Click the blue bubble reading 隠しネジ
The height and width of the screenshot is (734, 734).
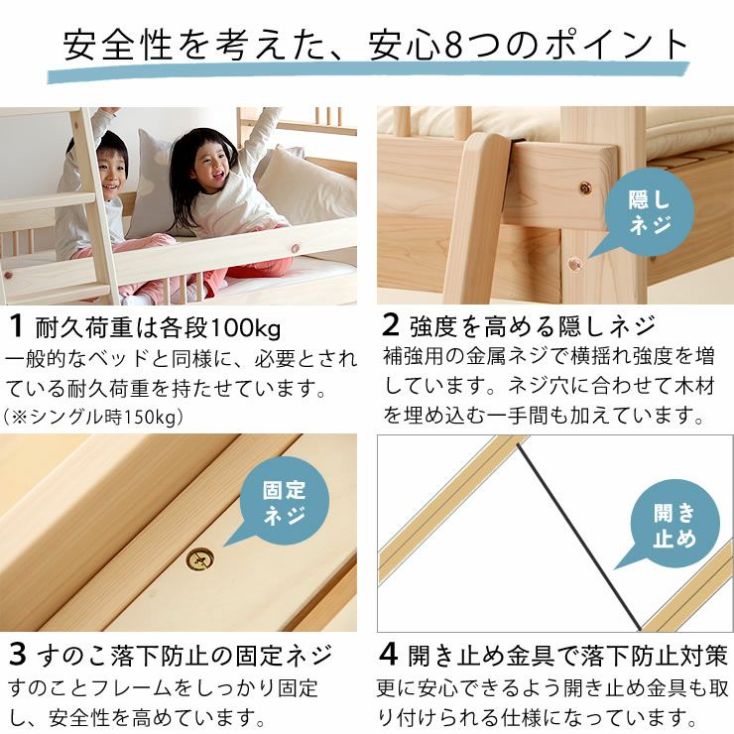point(649,212)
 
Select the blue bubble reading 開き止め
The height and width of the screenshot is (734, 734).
point(674,526)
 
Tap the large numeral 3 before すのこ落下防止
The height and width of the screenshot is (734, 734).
point(18,656)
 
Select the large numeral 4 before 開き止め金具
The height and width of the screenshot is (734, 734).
point(391,656)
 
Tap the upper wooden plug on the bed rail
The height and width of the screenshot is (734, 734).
point(585,187)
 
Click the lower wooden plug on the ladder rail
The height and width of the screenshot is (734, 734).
point(574,263)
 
